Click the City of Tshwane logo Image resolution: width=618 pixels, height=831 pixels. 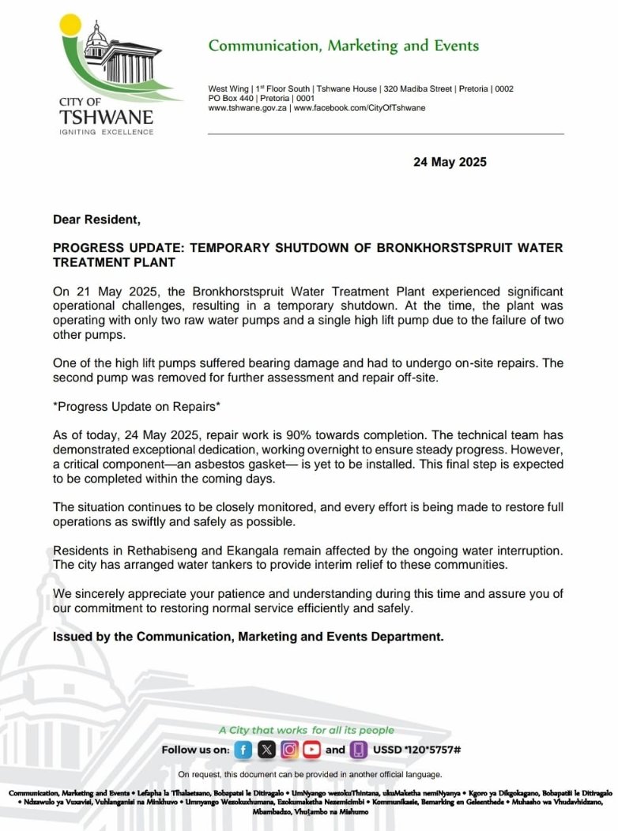[106, 75]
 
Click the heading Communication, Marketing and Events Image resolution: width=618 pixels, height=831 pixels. [343, 46]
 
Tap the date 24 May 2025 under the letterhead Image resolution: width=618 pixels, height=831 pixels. [450, 162]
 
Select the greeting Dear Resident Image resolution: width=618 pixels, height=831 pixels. [96, 219]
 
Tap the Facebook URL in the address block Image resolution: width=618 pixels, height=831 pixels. [359, 107]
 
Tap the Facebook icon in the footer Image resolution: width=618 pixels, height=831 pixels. [244, 750]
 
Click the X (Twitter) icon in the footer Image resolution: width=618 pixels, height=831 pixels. [267, 750]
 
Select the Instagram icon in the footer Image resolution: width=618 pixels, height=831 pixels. [290, 750]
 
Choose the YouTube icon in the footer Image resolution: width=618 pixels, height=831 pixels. [312, 750]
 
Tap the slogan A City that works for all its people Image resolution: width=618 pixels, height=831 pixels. [306, 730]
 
